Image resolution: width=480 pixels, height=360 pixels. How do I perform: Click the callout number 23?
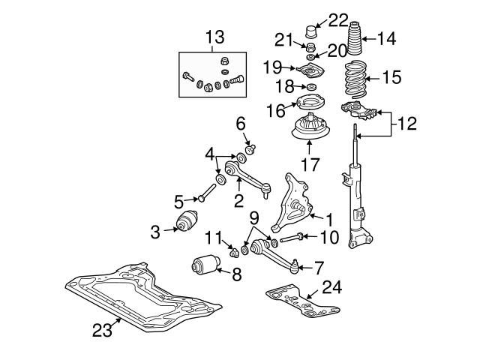click(x=100, y=328)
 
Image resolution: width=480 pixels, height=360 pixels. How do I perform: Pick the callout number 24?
click(x=331, y=286)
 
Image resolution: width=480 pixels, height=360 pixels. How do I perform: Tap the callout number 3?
click(x=154, y=231)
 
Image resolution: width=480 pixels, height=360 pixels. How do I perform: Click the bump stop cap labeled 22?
click(x=312, y=34)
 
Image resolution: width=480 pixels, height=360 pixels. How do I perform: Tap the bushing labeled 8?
click(x=202, y=265)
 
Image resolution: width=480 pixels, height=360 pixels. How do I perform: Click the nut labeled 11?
click(x=233, y=248)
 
